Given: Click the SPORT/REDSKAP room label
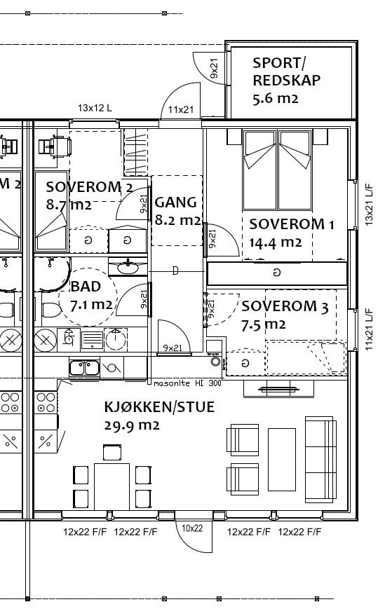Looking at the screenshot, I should tap(286, 72).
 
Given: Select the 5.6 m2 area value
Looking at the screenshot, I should tap(275, 99).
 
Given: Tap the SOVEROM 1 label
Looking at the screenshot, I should tap(292, 225).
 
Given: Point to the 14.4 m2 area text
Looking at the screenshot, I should tap(275, 243).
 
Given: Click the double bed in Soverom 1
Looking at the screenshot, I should tap(278, 169).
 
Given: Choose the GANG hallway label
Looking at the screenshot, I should tap(175, 203).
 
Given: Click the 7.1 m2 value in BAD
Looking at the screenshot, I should tap(91, 305).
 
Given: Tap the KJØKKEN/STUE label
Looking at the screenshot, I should tap(159, 407).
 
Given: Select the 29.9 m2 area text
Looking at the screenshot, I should tap(131, 425).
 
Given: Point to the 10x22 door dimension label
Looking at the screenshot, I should tap(192, 528).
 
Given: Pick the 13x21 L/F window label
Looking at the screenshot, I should tap(369, 205).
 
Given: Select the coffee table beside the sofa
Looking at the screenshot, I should tap(282, 459).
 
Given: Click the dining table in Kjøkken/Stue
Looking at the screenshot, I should tap(112, 486).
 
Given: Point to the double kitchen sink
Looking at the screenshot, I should tap(84, 367).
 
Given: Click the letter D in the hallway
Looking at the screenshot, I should tap(175, 271).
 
